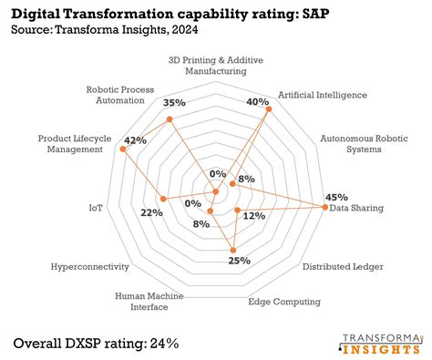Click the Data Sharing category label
coord(356,209)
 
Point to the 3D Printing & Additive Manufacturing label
coord(217,65)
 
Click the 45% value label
coord(336,197)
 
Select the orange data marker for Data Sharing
coord(324,208)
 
